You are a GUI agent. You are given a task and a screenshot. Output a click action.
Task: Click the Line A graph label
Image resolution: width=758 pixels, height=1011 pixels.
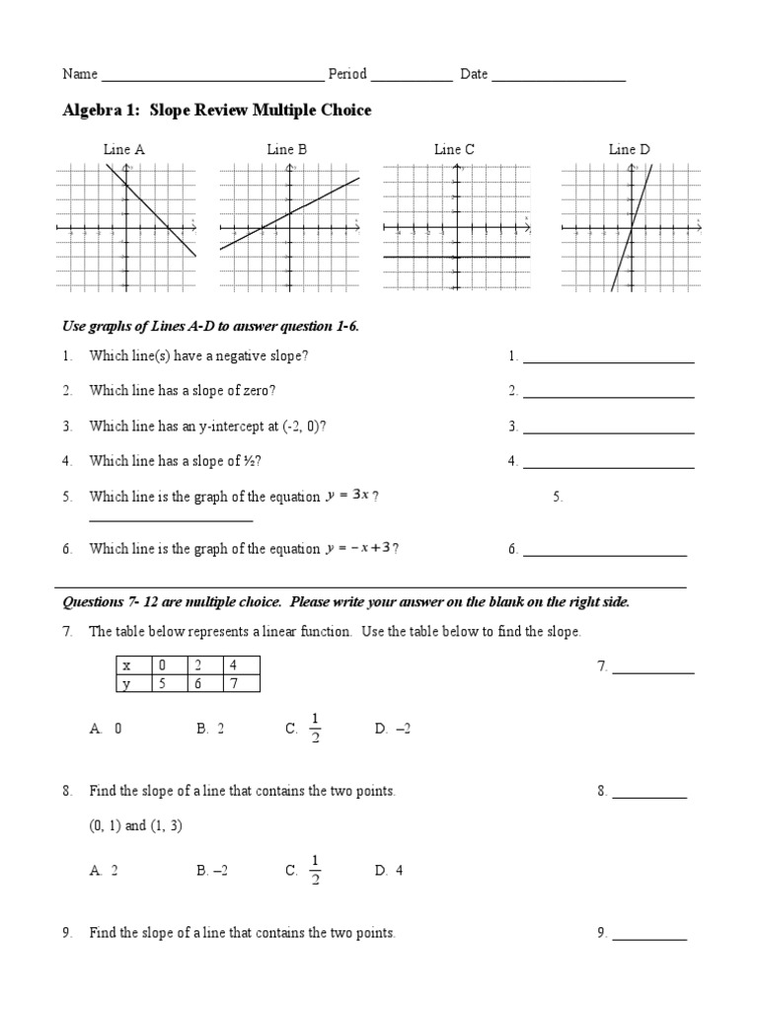coord(124,150)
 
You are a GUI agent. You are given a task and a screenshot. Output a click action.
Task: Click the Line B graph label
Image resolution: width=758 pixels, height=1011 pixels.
coord(287,150)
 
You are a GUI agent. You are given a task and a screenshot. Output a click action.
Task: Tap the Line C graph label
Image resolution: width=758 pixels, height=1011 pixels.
coord(454,150)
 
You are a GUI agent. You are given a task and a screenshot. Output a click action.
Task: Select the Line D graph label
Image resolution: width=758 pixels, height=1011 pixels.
coord(629,150)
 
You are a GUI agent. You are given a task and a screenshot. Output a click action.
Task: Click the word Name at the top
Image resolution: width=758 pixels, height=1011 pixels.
coord(80,74)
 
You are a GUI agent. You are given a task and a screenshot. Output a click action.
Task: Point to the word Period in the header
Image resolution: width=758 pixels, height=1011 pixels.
coord(347,74)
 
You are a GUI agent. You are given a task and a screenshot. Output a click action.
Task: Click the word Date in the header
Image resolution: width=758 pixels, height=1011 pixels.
coord(474,74)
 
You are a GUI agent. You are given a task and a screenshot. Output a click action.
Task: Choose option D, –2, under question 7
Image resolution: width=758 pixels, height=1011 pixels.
coord(392,729)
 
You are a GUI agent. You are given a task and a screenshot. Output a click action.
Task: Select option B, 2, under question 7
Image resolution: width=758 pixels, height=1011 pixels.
coord(210,729)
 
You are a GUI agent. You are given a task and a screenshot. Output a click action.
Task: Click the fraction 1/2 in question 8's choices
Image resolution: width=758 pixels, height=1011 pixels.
coord(315,869)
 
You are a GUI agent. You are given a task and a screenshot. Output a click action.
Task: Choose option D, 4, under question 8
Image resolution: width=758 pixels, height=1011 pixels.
coord(389,871)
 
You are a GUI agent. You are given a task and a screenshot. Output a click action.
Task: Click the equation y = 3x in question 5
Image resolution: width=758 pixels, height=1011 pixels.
coord(347,497)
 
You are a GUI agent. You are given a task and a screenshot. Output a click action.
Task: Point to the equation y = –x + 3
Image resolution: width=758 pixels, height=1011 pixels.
coord(361,549)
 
